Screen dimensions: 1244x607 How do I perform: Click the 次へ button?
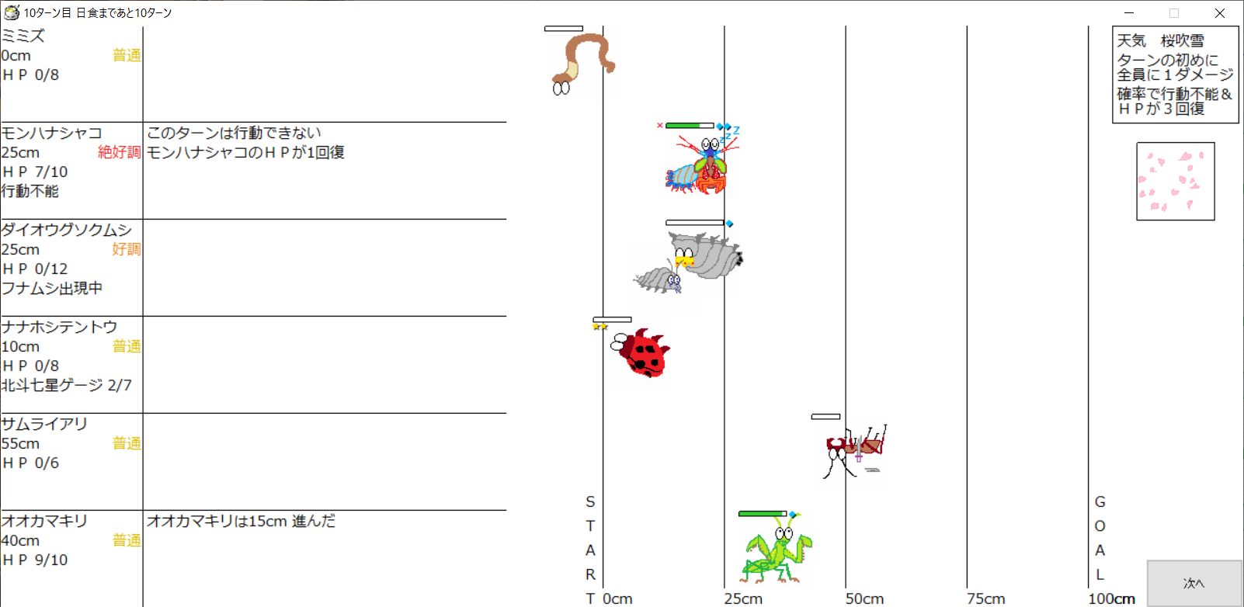1194,583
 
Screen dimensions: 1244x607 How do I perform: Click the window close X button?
1220,12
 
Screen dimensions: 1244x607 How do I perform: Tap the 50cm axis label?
865,598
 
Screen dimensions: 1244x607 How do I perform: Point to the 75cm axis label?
985,598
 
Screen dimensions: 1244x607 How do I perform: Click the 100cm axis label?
1111,598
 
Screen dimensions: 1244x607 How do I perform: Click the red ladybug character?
641,352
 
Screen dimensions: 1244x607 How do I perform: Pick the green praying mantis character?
777,553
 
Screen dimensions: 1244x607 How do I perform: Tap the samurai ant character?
855,451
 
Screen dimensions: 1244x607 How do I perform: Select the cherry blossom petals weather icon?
1175,181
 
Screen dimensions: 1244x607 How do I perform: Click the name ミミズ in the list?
23,36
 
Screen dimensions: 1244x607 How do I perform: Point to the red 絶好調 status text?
119,152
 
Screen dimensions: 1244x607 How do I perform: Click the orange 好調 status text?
126,249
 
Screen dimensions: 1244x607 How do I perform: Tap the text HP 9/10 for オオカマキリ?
34,560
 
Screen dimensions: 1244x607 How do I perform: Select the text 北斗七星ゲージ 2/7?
67,385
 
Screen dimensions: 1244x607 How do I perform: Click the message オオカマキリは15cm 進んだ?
241,521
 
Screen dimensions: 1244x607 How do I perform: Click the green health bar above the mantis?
762,514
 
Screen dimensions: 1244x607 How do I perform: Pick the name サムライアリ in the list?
44,424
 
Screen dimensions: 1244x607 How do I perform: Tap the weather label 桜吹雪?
1183,40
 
